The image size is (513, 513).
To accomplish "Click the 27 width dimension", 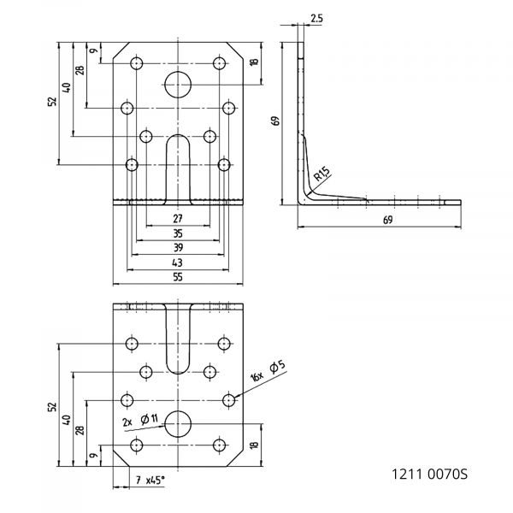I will (178, 218).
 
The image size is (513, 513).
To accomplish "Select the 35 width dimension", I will (178, 233).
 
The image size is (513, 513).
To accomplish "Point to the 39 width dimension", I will (178, 247).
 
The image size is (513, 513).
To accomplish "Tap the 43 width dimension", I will (178, 262).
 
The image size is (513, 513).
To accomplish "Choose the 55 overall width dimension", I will (178, 276).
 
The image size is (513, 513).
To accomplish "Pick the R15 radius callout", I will (321, 174).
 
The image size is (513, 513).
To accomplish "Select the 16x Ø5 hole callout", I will (268, 372).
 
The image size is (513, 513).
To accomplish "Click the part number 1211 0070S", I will (429, 473).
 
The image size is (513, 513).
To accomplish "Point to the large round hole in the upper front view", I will (178, 83).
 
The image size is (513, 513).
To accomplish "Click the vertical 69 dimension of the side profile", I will (276, 121).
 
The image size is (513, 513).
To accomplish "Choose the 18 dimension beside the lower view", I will (254, 445).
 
